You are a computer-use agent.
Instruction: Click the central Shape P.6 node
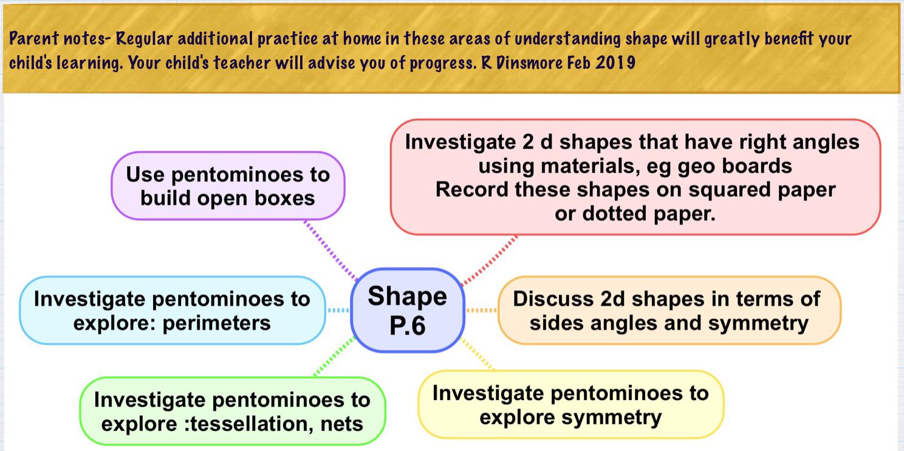click(x=408, y=310)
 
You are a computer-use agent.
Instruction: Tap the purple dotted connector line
click(x=330, y=250)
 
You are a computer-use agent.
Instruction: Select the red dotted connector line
click(x=489, y=260)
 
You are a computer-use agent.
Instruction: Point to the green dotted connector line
click(x=334, y=356)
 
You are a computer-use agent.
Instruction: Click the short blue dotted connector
click(x=338, y=310)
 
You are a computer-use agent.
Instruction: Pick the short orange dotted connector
click(x=481, y=310)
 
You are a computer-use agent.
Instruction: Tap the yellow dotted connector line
click(x=477, y=354)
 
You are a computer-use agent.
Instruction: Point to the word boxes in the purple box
click(x=284, y=198)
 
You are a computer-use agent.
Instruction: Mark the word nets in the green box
click(x=342, y=424)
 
